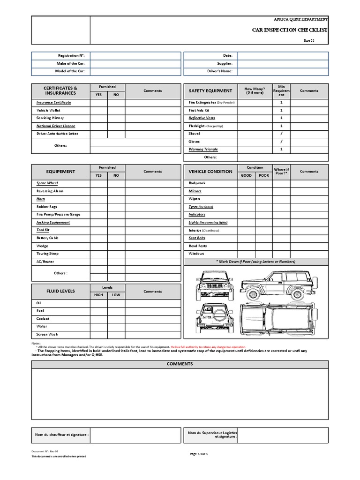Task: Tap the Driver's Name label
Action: coord(219,71)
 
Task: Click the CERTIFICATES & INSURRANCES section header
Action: coord(60,90)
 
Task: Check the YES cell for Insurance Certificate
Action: coord(99,102)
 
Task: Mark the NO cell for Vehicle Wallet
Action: coord(116,110)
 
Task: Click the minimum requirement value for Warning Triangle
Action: coord(281,150)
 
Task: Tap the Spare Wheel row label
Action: coord(47,183)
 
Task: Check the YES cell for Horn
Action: coord(99,199)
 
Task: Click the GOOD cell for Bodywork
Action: coord(247,183)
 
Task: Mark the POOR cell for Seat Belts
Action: coord(264,238)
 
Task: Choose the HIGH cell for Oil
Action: coord(99,303)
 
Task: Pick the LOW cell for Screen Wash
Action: coord(116,335)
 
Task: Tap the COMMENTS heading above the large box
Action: coord(180,364)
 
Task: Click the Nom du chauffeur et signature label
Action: coord(61,435)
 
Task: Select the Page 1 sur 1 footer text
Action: coord(199,454)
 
